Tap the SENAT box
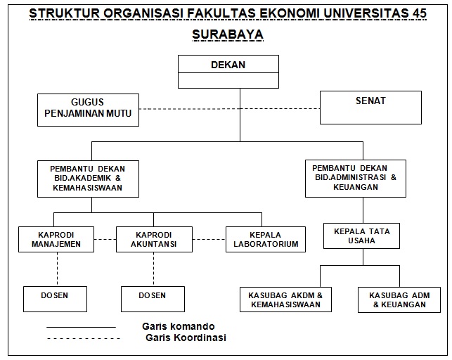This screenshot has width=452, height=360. click(x=370, y=108)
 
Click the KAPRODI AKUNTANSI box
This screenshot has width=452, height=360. click(x=154, y=239)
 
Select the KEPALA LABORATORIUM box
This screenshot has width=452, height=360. click(x=265, y=239)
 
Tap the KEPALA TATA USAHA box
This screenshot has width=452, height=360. click(x=361, y=235)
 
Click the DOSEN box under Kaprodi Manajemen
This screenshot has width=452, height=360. click(x=55, y=297)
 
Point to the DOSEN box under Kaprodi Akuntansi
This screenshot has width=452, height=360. click(x=153, y=297)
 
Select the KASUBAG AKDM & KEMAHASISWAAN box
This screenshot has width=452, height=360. click(x=285, y=299)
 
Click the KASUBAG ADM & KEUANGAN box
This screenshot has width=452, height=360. click(x=399, y=299)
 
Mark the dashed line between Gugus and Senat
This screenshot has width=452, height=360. click(x=229, y=109)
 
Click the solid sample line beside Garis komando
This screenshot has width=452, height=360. click(x=81, y=327)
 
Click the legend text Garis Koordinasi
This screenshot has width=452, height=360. click(x=186, y=337)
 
